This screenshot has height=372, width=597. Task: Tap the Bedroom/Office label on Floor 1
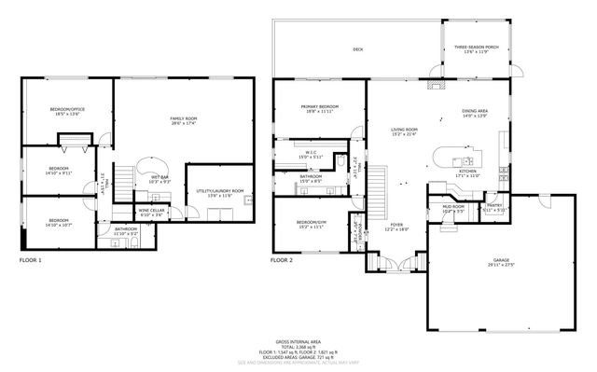[66, 113]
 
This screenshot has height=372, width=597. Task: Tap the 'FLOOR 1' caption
[31, 260]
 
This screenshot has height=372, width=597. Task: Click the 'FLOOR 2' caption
[282, 260]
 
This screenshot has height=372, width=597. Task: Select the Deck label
[357, 49]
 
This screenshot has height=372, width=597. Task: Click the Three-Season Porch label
[476, 49]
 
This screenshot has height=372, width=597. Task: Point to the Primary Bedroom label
[319, 109]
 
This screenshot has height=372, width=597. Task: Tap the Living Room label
[404, 131]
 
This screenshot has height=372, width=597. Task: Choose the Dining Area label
[475, 114]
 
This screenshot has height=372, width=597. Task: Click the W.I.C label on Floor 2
[311, 155]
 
